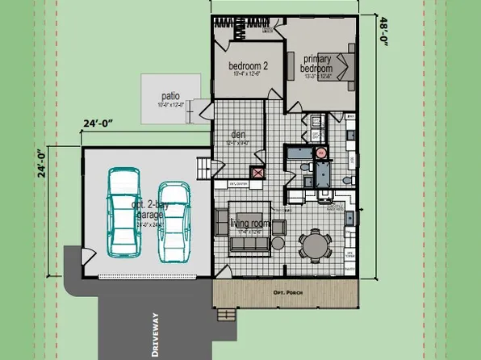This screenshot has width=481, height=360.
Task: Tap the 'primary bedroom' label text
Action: (x=316, y=64)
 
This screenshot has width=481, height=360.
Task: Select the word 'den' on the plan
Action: (x=237, y=134)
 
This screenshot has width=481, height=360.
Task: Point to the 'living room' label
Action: (x=249, y=223)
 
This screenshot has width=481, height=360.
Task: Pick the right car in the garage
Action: (x=174, y=221)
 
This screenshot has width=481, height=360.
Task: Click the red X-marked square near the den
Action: (x=258, y=172)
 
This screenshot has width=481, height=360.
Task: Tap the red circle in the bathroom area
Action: (x=320, y=152)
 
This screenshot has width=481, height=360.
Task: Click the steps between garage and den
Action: (x=204, y=167)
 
